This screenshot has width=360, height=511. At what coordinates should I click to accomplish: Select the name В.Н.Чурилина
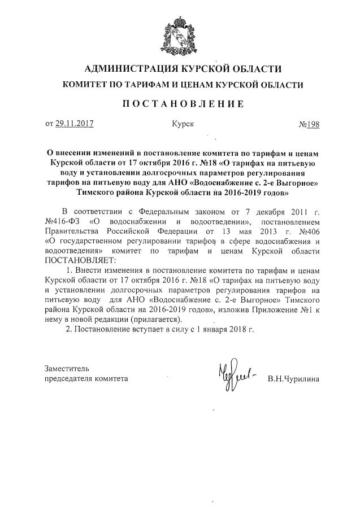(x=294, y=379)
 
